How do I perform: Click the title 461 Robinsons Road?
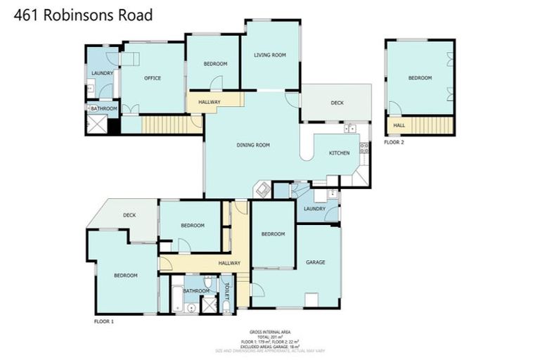83,15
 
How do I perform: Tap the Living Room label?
270,55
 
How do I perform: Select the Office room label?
153,78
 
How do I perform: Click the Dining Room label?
253,146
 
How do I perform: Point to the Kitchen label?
340,153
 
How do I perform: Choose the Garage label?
315,262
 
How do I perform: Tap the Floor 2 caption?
394,142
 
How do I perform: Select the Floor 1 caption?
103,321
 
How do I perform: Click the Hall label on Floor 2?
399,126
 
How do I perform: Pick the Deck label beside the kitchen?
337,103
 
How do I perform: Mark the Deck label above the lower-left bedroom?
129,215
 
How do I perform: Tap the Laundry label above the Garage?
314,209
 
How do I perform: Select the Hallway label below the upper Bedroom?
210,103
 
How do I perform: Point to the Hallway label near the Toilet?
229,263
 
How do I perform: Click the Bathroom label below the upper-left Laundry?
103,108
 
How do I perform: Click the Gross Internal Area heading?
270,332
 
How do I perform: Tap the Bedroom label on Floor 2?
420,78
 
